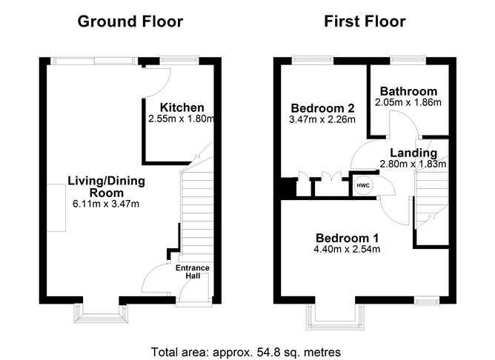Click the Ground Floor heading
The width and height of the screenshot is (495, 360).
(130, 21)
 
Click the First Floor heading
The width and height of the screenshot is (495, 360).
(365, 21)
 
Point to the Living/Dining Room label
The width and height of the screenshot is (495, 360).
(106, 186)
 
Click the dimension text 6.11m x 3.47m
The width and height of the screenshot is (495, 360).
(106, 203)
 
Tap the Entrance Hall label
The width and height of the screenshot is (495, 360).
(193, 272)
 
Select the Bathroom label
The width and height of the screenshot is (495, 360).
(406, 91)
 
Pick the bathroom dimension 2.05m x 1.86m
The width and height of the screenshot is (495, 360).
(406, 102)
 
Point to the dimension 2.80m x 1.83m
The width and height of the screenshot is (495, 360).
(413, 164)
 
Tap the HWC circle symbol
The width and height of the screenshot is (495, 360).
(363, 185)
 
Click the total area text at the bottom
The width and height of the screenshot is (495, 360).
(245, 351)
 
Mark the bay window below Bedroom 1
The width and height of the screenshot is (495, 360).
(336, 316)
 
